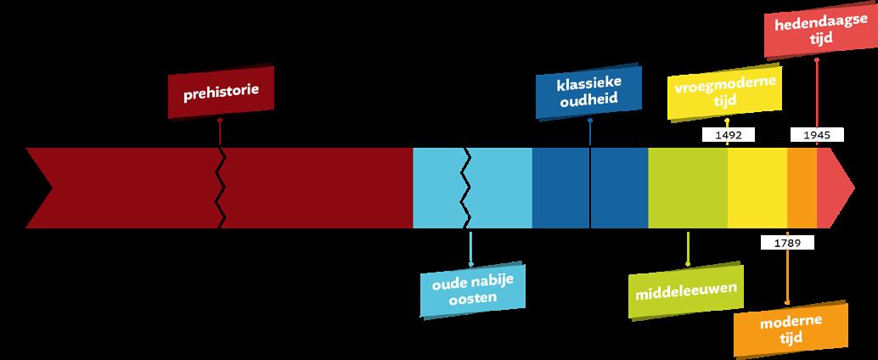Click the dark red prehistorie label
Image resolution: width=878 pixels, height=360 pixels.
point(220,89)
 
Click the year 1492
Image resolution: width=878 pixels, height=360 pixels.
point(728,134)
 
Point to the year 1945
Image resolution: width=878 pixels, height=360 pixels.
point(816,134)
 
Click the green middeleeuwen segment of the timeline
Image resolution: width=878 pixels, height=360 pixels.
point(687,188)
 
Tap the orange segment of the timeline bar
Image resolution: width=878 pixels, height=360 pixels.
point(802,188)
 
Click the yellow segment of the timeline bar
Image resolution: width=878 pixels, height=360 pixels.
point(757,188)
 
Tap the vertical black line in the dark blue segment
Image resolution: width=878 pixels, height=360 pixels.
point(590,188)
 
